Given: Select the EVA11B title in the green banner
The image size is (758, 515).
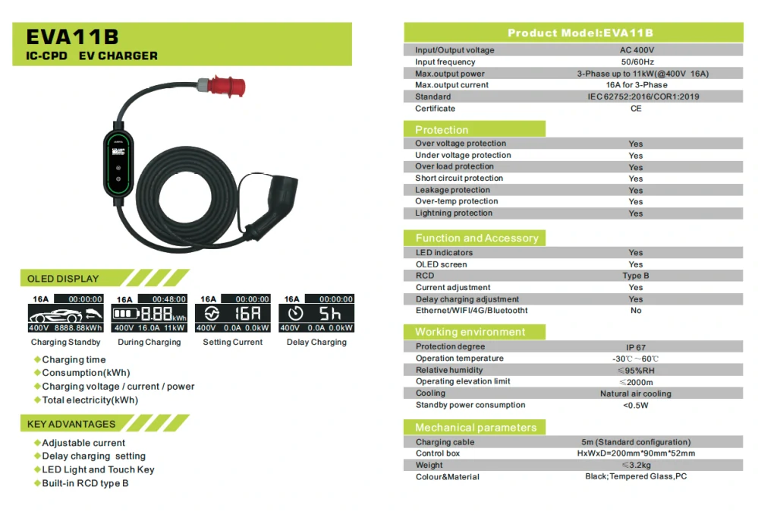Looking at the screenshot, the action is pos(72,36).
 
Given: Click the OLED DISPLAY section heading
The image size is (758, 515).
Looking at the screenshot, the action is pos(63,279).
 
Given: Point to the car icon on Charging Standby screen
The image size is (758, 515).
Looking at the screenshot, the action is pos(55,315).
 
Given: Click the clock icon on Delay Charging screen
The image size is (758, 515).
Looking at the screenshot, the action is pos(295,314).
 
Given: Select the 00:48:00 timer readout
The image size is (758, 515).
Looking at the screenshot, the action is pos(168,299).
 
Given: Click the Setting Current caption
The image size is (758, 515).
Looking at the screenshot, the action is pos(232,343).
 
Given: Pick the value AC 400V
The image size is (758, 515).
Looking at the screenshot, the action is pos(637,50).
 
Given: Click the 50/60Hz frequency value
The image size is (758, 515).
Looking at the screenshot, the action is pos(637,62).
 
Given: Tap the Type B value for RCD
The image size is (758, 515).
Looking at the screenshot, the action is pos(636,276).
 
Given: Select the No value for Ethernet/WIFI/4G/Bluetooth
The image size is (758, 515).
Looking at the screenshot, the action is pos(636,310).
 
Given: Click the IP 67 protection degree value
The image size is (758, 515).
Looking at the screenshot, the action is pos(636,347).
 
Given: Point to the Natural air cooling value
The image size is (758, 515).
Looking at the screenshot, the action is pos(636,393).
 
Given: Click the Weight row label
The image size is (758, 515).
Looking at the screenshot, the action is pos(429,465).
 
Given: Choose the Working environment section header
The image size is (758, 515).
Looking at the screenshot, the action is pos(470,332).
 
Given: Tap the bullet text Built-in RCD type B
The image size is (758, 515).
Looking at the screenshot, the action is pos(85,483).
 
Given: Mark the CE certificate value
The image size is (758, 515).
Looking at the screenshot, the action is pos(636,109).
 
